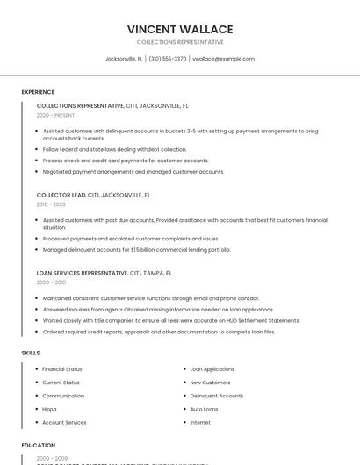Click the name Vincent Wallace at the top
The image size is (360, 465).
coord(180,29)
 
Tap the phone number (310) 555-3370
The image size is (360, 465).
coord(168,59)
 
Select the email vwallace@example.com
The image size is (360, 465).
coord(223,59)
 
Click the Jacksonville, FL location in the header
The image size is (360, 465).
coord(124,59)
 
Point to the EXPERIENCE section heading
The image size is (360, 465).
coord(38,91)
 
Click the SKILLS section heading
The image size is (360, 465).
coord(31,352)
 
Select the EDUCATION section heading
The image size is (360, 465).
coord(39,445)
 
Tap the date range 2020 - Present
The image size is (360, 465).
coord(56,115)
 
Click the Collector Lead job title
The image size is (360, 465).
coord(61,195)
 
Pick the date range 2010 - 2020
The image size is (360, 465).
coord(51,204)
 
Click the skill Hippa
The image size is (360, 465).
coord(50,409)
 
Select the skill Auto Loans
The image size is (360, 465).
coord(205,409)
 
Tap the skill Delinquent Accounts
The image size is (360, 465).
coord(217,396)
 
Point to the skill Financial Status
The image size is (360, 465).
coord(62,369)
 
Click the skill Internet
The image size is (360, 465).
coord(201,422)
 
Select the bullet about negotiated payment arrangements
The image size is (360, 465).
coord(133,172)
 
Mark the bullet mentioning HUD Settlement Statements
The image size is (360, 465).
coord(171,320)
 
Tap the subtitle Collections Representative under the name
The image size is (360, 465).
coord(180,42)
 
